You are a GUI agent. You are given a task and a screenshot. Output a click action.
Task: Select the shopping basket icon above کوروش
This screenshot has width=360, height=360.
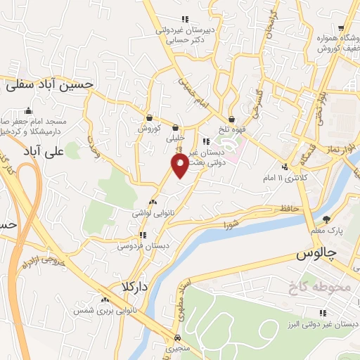pos(149,118)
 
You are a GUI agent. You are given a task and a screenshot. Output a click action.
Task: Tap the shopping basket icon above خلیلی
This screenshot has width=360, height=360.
pos(174,128)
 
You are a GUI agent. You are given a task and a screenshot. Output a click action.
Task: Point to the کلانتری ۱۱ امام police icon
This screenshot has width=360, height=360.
pos(285,167)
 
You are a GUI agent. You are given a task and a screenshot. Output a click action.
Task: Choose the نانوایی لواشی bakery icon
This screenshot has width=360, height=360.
pos(152,202)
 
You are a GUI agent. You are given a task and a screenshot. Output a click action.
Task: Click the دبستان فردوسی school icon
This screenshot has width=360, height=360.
pos(143,236)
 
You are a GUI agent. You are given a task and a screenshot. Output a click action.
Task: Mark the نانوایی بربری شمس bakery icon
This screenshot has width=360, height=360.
pos(105,300)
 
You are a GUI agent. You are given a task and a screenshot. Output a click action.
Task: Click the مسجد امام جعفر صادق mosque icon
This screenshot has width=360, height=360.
pos(27,110)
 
